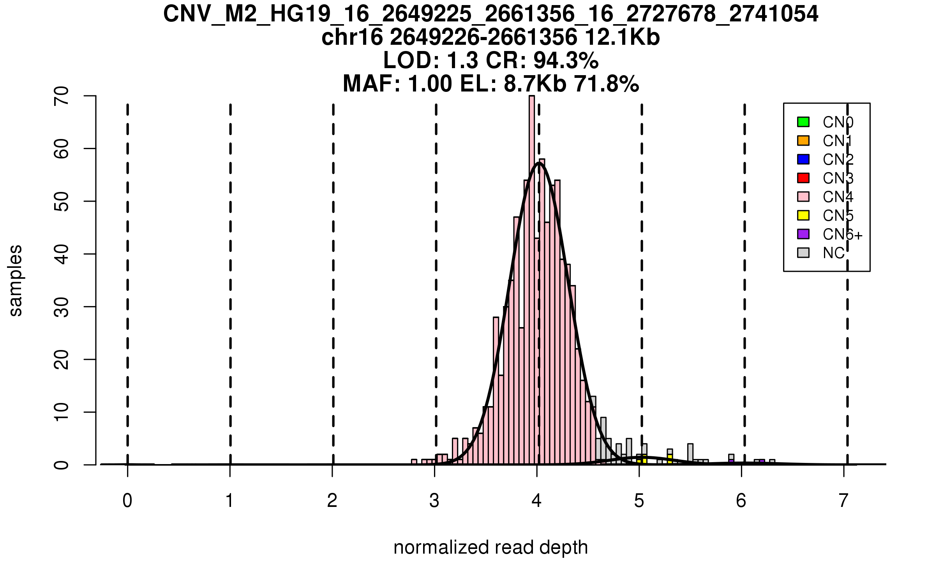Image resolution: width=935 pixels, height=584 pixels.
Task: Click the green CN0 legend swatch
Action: coord(803,122)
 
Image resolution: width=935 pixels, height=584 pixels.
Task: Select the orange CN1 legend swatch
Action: coord(803,141)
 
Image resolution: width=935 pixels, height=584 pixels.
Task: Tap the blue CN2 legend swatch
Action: coord(803,159)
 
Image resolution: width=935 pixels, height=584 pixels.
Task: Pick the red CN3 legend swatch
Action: coord(803,178)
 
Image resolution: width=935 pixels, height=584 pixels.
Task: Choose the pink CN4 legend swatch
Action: coord(803,197)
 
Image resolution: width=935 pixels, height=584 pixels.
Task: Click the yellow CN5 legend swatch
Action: coord(803,215)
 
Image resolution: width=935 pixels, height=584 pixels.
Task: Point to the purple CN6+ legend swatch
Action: coord(803,234)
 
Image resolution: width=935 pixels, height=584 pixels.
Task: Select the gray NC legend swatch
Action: coord(803,253)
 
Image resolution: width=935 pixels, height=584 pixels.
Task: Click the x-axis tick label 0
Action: coord(127,501)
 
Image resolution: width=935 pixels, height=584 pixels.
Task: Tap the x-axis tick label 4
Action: coord(537,501)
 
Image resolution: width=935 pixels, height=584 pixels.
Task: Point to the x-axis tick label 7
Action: coord(844,501)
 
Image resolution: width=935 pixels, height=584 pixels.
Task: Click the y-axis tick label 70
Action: coord(62,96)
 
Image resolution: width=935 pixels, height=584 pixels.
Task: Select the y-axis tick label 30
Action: coord(62,307)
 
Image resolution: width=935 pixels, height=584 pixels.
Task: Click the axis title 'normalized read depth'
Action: coord(490,547)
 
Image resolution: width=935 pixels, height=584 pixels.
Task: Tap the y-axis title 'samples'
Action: coord(16,280)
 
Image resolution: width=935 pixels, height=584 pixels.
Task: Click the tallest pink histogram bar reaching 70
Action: coord(532,273)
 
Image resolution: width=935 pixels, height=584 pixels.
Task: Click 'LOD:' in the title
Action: coord(411,60)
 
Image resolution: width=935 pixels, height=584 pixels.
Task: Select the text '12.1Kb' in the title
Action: coord(622,37)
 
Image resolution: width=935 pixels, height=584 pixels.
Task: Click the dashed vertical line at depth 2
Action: coord(333,273)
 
